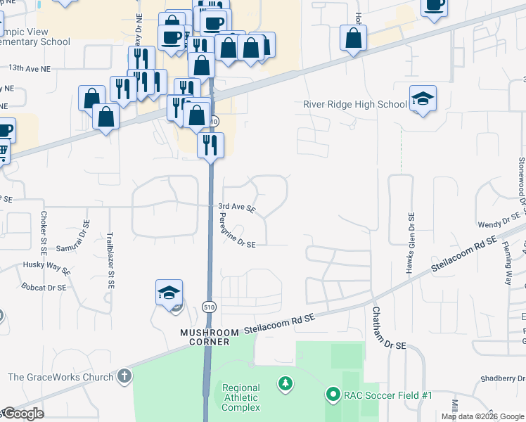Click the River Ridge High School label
point(354,105)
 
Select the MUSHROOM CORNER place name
point(205,337)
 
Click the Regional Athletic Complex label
point(241,397)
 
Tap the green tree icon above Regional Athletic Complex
point(285,383)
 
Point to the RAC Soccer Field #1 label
point(387,395)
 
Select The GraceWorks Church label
point(60,377)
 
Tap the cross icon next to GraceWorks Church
point(124,376)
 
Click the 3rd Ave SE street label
point(236,208)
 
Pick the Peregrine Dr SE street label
point(232,231)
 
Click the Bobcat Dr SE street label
point(43,288)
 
